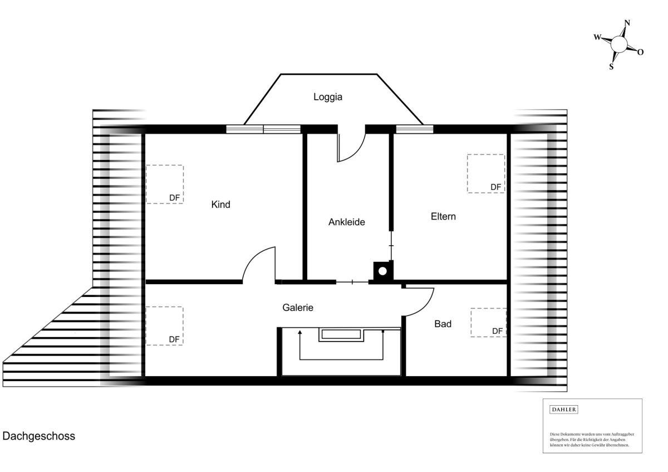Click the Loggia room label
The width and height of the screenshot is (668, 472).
click(328, 97)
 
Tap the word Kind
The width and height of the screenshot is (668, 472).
click(220, 205)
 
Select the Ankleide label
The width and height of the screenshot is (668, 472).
click(346, 222)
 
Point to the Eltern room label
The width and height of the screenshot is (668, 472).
click(443, 216)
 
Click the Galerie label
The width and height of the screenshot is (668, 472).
click(298, 308)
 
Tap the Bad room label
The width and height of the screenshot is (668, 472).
click(443, 324)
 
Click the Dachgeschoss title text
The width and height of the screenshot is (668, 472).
click(39, 436)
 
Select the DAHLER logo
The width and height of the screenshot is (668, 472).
click(563, 410)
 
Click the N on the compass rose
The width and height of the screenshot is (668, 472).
click(627, 23)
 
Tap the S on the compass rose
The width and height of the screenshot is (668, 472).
click(611, 66)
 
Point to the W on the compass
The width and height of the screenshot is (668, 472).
click(597, 37)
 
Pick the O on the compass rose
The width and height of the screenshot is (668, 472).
click(641, 52)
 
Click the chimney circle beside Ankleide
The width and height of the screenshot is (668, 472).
click(382, 271)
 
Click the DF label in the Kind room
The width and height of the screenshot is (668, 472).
click(174, 198)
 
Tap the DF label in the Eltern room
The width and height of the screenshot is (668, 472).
click(495, 187)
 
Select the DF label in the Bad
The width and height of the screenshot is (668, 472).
click(498, 331)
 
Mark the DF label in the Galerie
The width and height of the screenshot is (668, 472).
click(174, 339)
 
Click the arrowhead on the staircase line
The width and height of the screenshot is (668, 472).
click(300, 332)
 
